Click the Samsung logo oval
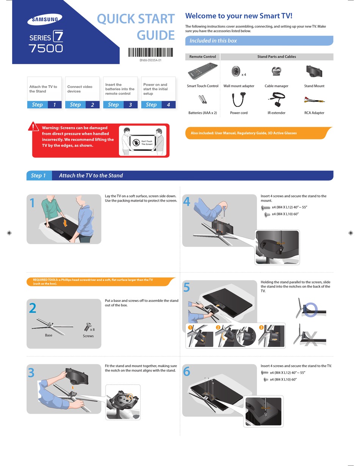click(x=45, y=19)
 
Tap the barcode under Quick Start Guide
click(x=150, y=52)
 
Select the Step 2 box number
click(x=92, y=105)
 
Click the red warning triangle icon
click(x=33, y=127)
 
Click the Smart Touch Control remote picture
click(x=203, y=71)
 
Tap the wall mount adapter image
click(x=236, y=71)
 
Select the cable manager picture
click(x=276, y=71)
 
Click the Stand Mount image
click(x=314, y=71)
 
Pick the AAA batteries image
click(x=202, y=100)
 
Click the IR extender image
click(x=276, y=100)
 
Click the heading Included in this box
click(x=213, y=41)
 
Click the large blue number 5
click(x=186, y=288)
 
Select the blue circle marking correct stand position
click(x=310, y=309)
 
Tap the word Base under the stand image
click(x=49, y=335)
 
